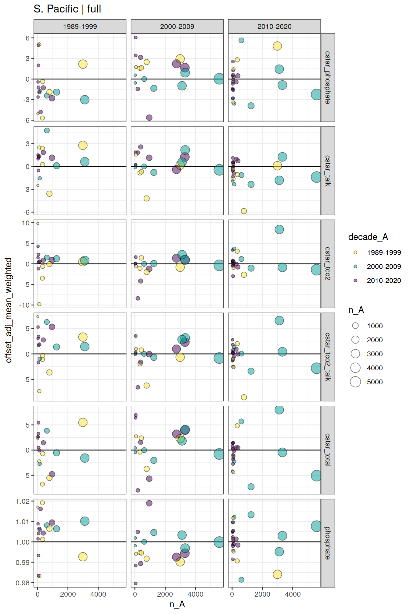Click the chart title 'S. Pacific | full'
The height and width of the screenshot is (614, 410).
point(67,9)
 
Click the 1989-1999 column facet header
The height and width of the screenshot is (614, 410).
point(80,26)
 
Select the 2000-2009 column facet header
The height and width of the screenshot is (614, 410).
point(177,26)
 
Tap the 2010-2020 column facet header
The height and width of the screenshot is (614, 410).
point(274,26)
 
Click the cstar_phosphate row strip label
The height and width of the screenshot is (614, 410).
point(328,78)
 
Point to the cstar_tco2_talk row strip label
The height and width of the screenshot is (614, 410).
point(328,357)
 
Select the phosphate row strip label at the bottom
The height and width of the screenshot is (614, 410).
point(328,543)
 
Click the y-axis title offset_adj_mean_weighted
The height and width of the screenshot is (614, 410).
point(9,310)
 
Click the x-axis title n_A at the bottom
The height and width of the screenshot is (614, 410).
point(177,604)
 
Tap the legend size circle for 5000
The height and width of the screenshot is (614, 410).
point(355,382)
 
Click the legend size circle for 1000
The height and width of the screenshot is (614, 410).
point(355,326)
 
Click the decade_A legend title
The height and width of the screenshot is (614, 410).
point(368,237)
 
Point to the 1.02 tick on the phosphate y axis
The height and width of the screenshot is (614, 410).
point(23,501)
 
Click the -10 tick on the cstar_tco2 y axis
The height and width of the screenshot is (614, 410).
point(24,305)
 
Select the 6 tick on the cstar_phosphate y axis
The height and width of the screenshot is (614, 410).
point(27,38)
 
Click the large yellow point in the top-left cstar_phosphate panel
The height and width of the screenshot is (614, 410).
point(83,64)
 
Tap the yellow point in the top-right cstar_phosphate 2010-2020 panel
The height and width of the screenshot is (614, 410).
point(277,46)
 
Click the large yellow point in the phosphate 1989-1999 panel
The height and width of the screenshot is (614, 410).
point(83,557)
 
